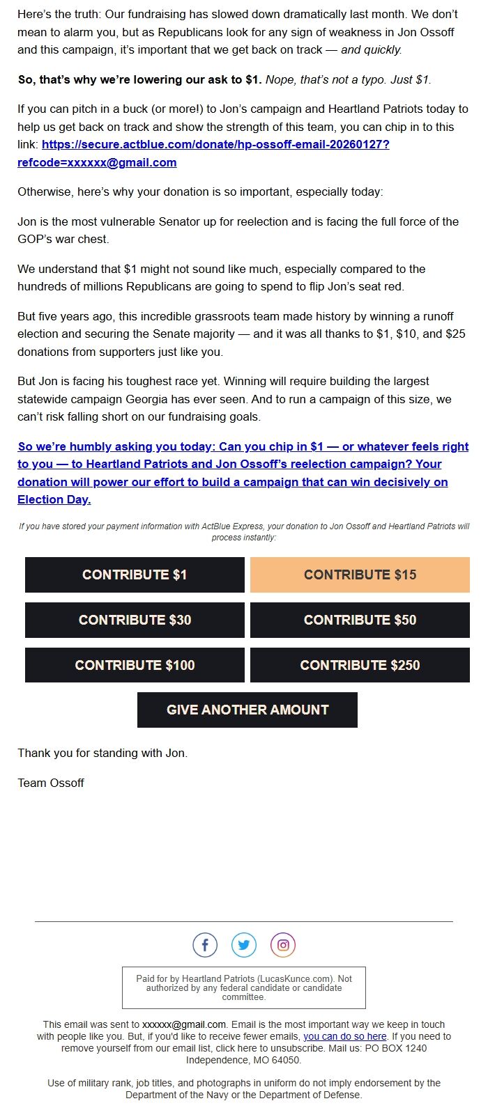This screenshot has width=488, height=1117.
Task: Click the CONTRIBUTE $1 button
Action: (x=135, y=575)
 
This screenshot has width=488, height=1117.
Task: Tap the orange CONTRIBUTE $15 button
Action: (x=360, y=575)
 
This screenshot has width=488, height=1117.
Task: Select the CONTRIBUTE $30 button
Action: (x=135, y=620)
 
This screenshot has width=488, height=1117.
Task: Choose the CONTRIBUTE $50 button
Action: (x=360, y=620)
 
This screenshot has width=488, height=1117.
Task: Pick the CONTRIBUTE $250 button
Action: (x=360, y=665)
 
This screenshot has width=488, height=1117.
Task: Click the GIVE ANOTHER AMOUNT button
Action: (x=247, y=710)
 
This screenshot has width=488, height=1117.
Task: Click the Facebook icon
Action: (x=205, y=945)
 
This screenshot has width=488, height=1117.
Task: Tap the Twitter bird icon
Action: (x=244, y=945)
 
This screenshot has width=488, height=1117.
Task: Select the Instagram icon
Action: (x=283, y=945)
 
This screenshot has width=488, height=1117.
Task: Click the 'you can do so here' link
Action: (x=344, y=1036)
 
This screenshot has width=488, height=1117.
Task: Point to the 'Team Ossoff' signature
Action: (x=51, y=783)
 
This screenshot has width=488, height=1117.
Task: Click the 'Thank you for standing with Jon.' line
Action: (x=102, y=753)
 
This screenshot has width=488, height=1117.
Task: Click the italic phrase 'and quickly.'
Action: (x=372, y=49)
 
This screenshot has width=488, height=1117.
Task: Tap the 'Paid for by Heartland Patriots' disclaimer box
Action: (x=244, y=987)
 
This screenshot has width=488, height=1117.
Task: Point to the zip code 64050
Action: (x=286, y=1060)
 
